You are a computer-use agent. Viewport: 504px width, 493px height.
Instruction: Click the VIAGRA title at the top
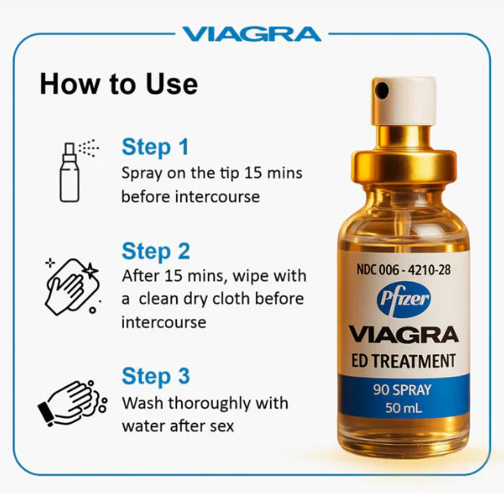click(x=251, y=33)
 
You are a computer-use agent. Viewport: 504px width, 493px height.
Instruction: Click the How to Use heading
click(x=118, y=84)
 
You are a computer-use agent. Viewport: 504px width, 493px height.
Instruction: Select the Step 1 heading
click(x=155, y=147)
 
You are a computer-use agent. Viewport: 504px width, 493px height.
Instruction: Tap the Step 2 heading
click(x=157, y=251)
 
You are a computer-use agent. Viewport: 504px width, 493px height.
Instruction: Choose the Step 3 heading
click(x=156, y=376)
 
